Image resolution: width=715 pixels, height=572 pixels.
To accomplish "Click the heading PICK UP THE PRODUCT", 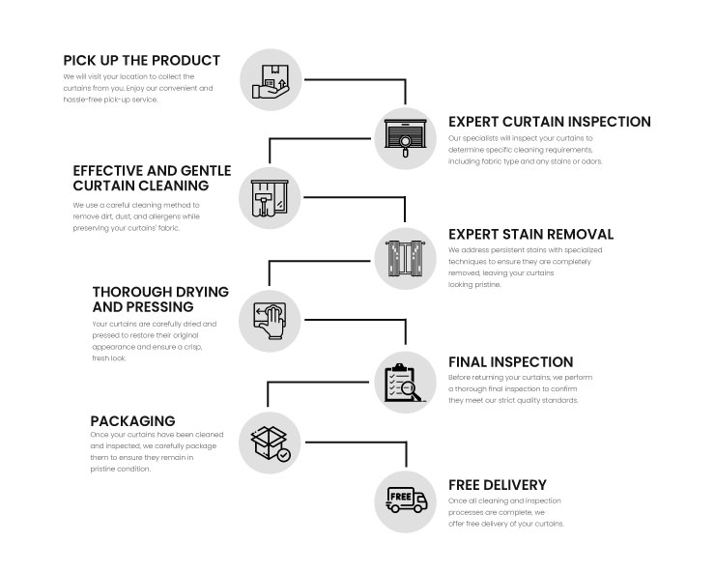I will pos(142,60).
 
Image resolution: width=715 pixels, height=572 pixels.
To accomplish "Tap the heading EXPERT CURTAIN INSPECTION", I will pos(549,122).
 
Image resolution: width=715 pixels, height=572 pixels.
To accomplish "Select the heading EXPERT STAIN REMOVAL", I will pos(530,234).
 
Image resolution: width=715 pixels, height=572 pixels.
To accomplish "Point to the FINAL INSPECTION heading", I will pos(510,361).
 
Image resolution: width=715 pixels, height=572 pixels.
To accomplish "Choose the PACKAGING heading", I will pos(132,420).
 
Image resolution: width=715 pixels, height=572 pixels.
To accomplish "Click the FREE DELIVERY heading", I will pos(497,484).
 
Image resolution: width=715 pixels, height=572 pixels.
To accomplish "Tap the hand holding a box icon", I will pos(269,75).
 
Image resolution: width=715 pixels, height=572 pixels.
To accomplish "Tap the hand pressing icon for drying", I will pos(269,316).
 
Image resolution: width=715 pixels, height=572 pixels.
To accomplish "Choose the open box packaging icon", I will pos(269,440).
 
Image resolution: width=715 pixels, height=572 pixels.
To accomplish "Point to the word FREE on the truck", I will pos(401,498).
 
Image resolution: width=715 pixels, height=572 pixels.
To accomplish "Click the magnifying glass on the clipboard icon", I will pos(411,390).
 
